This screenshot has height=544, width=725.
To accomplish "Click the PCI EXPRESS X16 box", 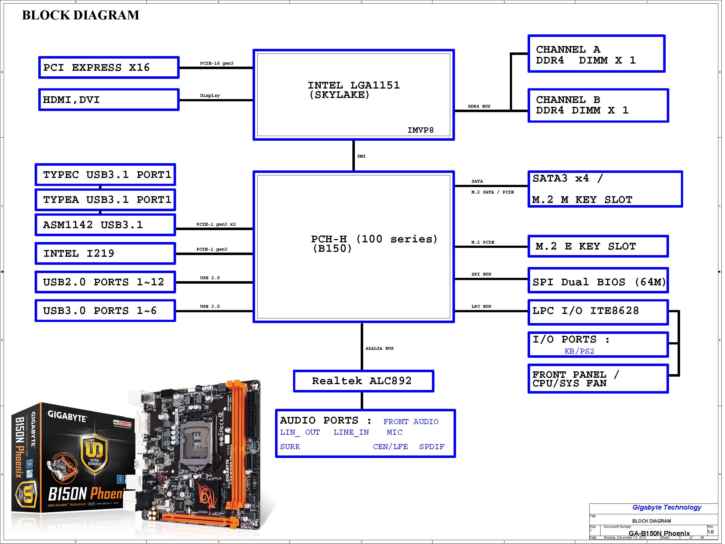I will tap(109, 68).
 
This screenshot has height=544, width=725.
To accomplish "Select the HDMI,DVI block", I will tap(109, 100).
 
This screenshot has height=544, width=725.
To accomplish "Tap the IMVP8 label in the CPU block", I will tap(420, 130).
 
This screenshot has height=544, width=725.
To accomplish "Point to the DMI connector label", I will tap(361, 157).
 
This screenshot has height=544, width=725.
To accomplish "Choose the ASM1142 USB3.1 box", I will tap(105, 225).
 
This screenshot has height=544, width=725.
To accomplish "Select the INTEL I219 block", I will tap(105, 254).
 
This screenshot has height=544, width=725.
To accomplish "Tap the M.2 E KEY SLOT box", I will tap(598, 246).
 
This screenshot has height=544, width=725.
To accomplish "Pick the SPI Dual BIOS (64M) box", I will tap(598, 281).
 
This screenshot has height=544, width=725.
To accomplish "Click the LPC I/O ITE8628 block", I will tap(598, 311).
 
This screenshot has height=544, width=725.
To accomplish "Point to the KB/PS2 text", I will tap(579, 351).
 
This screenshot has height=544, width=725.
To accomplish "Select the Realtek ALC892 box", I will tap(363, 381).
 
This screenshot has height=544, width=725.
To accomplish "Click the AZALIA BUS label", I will tap(379, 348).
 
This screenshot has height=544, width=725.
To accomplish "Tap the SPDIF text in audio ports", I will tap(432, 447).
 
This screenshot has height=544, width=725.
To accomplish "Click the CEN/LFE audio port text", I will tap(390, 447).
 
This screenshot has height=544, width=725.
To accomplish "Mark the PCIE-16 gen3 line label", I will tap(217, 63).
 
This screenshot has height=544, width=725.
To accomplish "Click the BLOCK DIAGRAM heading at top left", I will tap(81, 15).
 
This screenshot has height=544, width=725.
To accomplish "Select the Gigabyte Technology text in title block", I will tap(667, 508).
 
